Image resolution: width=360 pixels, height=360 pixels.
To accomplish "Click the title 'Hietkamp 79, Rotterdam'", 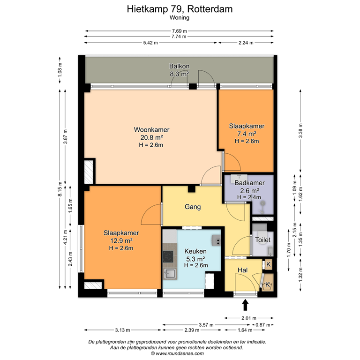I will (x=180, y=8).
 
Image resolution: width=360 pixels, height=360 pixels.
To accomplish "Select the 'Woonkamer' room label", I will (x=151, y=130).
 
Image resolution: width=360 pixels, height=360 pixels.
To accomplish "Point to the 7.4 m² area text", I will (x=247, y=134).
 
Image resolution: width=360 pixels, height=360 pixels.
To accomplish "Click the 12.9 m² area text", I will (x=119, y=240).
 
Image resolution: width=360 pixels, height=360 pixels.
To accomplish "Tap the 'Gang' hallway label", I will (x=193, y=206).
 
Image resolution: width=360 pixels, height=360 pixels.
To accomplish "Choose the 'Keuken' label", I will (x=194, y=251).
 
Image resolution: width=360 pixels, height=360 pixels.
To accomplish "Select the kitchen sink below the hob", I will (x=169, y=275).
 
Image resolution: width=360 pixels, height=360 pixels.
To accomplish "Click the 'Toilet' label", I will (x=262, y=239).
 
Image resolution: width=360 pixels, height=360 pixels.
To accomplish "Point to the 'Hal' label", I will (x=242, y=270).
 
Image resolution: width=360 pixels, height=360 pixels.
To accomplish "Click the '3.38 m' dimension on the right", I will (x=300, y=128).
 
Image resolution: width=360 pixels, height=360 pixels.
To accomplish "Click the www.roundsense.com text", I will (x=180, y=353).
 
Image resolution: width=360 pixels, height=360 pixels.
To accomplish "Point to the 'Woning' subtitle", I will (x=180, y=18).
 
